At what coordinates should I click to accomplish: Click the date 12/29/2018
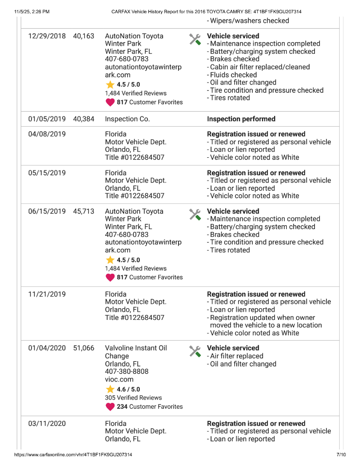(x=47, y=36)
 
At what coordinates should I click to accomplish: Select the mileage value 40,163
(x=83, y=36)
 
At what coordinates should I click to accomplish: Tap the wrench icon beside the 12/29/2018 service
(x=195, y=39)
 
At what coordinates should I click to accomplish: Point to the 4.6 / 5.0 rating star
(x=110, y=389)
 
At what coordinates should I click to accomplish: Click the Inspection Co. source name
(x=127, y=119)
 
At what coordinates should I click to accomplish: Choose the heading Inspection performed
(x=241, y=119)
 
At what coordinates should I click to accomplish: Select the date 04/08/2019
(x=47, y=134)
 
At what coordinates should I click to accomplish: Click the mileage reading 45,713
(x=83, y=212)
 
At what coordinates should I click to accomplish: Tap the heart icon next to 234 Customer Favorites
(x=110, y=407)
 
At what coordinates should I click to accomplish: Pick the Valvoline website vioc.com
(x=119, y=380)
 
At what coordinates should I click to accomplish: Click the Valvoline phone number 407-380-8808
(x=127, y=372)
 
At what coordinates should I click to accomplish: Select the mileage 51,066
(x=83, y=349)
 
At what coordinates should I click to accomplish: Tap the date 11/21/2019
(x=47, y=295)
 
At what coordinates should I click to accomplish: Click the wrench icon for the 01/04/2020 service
(x=195, y=351)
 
